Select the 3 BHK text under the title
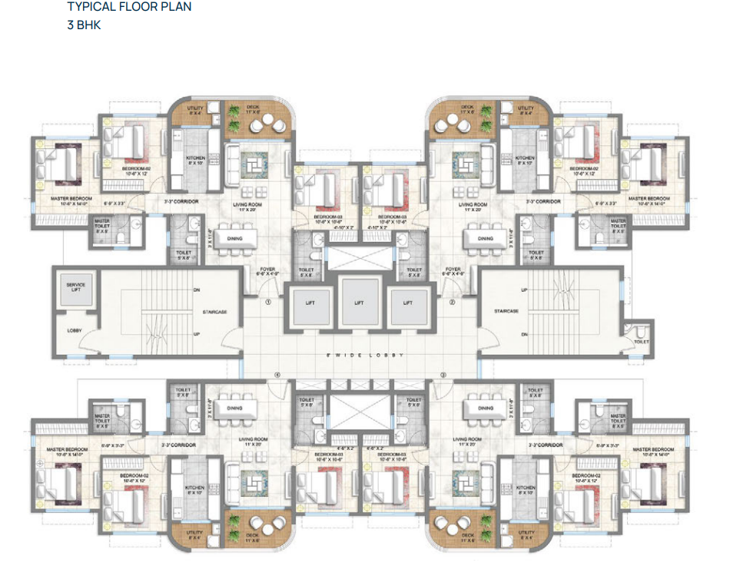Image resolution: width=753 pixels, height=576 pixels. click(x=84, y=25)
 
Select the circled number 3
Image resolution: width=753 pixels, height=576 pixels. click(x=443, y=375)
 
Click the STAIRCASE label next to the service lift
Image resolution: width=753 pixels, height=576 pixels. click(x=214, y=313)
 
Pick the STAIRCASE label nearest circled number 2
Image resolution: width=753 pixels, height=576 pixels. click(x=507, y=310)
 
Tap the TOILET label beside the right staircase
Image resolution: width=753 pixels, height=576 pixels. click(x=642, y=339)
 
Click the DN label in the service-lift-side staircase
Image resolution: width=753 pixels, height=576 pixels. click(x=197, y=290)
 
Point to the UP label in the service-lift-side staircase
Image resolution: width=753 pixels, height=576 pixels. click(x=197, y=334)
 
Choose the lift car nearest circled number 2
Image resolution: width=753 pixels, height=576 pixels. click(x=408, y=302)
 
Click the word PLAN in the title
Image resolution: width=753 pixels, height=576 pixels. click(x=177, y=7)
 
